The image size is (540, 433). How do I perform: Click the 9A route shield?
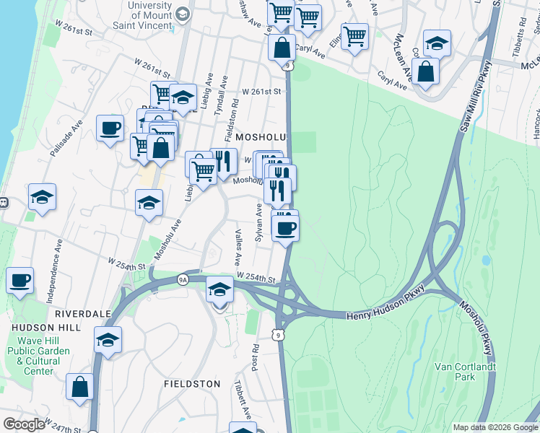183,279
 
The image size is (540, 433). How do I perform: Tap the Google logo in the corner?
24,424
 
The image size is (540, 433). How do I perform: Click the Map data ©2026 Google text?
495,427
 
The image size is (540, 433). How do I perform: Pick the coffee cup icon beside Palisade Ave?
110,128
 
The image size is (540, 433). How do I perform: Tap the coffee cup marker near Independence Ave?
20,279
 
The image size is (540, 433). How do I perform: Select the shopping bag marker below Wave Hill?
79,385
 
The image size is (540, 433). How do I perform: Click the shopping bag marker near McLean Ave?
426,71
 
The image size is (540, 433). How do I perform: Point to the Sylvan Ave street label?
258,223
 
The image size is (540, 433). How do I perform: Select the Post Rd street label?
255,355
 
